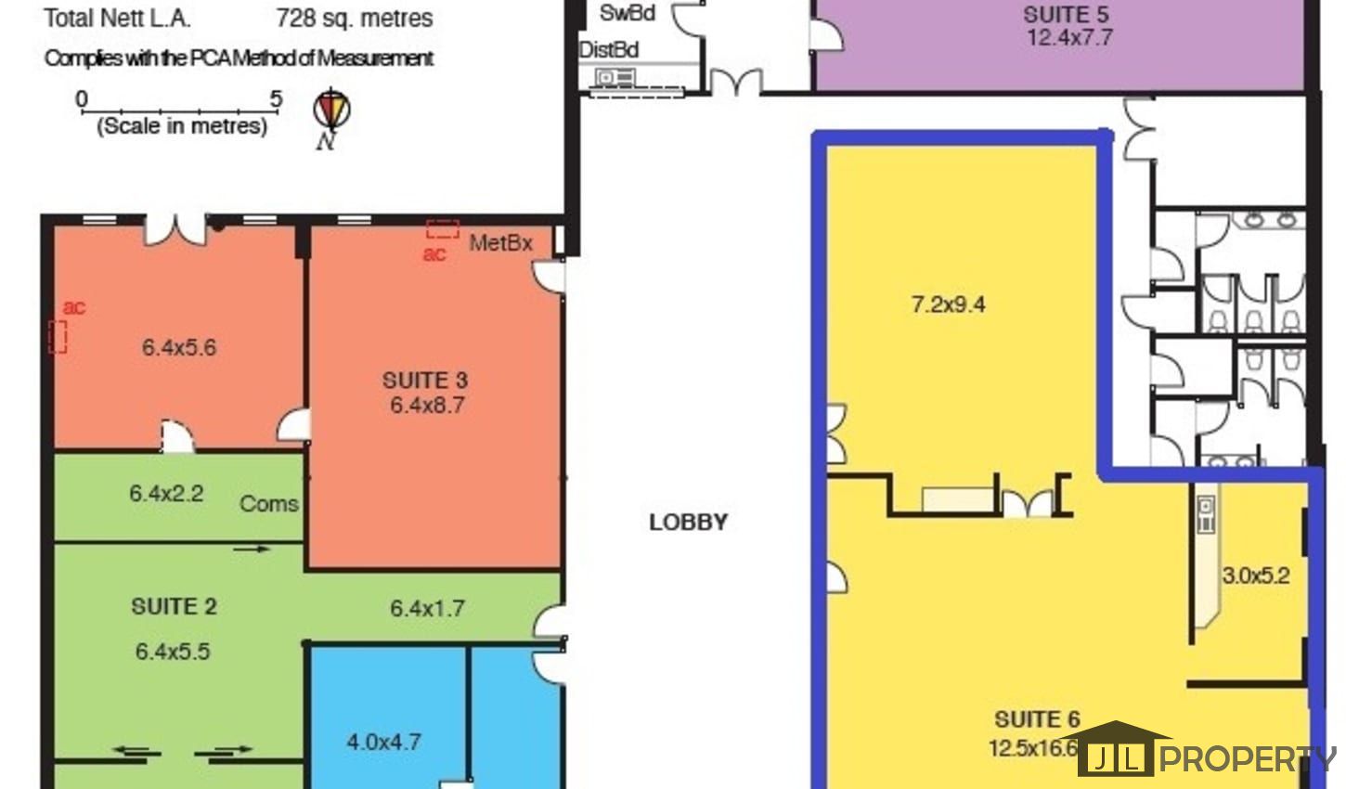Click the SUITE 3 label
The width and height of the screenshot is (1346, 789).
point(425,381)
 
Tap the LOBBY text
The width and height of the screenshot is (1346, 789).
point(689,523)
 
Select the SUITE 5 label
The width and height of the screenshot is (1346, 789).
point(1067,15)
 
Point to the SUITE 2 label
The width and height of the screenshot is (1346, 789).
point(174,606)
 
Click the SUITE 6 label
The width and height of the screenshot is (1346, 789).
point(1037,719)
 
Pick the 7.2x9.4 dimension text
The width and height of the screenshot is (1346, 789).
point(948,304)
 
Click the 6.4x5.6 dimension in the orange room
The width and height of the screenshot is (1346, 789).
point(178,347)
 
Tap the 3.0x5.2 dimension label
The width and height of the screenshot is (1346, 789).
point(1256,576)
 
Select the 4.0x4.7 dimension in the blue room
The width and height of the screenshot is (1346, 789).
point(383,743)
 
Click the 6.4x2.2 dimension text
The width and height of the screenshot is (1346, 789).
point(166,493)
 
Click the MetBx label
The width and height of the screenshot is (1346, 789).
point(500,243)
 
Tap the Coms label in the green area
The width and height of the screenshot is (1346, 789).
point(268,503)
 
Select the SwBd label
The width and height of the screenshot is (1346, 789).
point(628,13)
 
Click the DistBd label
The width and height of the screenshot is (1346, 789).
point(608,50)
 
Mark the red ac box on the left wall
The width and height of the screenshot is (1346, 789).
point(57,337)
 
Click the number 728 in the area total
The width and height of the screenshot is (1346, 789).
point(296,18)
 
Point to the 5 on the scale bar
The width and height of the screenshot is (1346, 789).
point(276,98)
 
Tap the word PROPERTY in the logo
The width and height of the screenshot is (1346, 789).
point(1248,758)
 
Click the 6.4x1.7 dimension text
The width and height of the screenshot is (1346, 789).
point(427,608)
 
